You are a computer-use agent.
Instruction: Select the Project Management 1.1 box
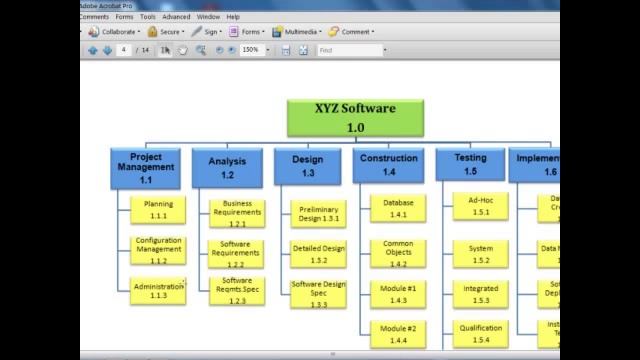coord(146,167)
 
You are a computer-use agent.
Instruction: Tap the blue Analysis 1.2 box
coord(227,167)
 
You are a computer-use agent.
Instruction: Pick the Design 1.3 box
coord(307,166)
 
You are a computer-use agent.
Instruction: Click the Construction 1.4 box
coord(388,165)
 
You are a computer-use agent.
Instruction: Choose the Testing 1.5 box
coord(470,165)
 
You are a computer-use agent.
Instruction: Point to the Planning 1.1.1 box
coord(158,209)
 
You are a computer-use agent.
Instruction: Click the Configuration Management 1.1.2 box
coord(158,250)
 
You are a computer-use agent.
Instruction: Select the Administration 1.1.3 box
coord(158,291)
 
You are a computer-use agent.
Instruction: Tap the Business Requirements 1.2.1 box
coord(237,212)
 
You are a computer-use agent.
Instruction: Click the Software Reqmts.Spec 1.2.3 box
coord(237,290)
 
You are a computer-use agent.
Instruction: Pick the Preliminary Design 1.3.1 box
coord(319,213)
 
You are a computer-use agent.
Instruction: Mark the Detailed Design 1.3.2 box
coord(319,254)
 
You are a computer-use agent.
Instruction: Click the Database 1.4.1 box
coord(398,208)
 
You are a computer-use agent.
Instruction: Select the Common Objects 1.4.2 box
coord(398,253)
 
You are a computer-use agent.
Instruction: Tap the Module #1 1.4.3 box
coord(398,294)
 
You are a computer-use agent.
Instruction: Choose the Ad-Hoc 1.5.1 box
coord(481,205)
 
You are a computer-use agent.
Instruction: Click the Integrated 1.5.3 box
coord(481,294)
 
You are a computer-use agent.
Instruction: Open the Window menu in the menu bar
coord(208,17)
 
